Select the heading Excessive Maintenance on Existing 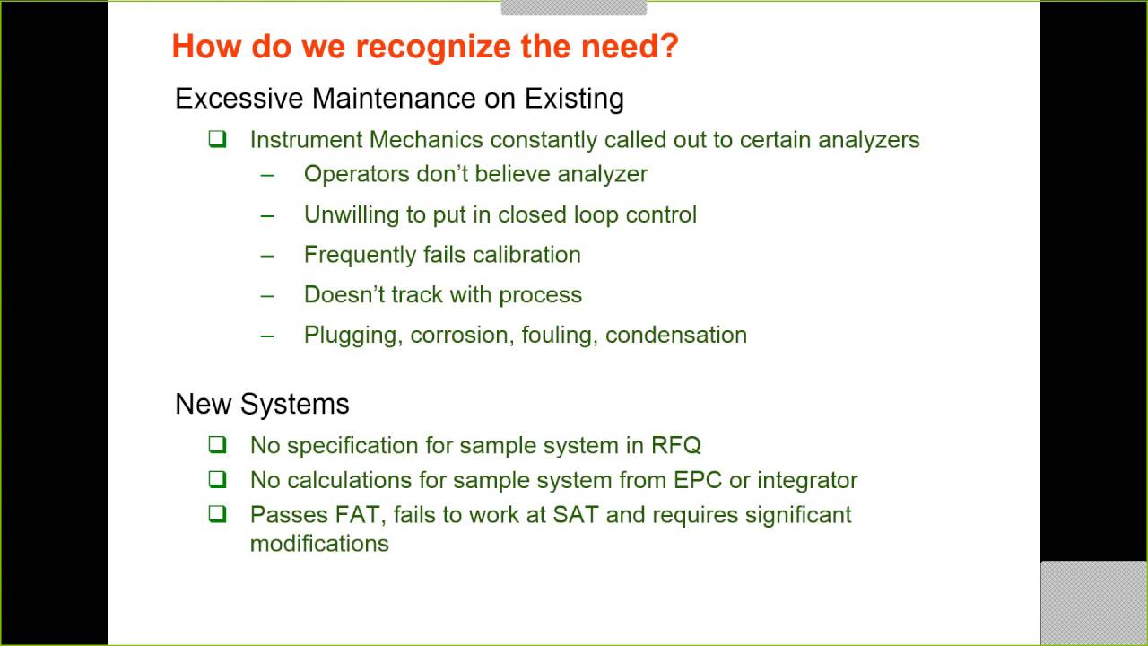point(399,98)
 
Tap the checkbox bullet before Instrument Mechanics point(218,140)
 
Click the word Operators point(356,174)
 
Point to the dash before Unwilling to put point(267,215)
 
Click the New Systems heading point(262,404)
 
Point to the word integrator point(807,480)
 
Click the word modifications point(319,544)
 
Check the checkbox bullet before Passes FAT point(218,515)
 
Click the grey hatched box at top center point(573,7)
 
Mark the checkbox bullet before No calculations point(218,480)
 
